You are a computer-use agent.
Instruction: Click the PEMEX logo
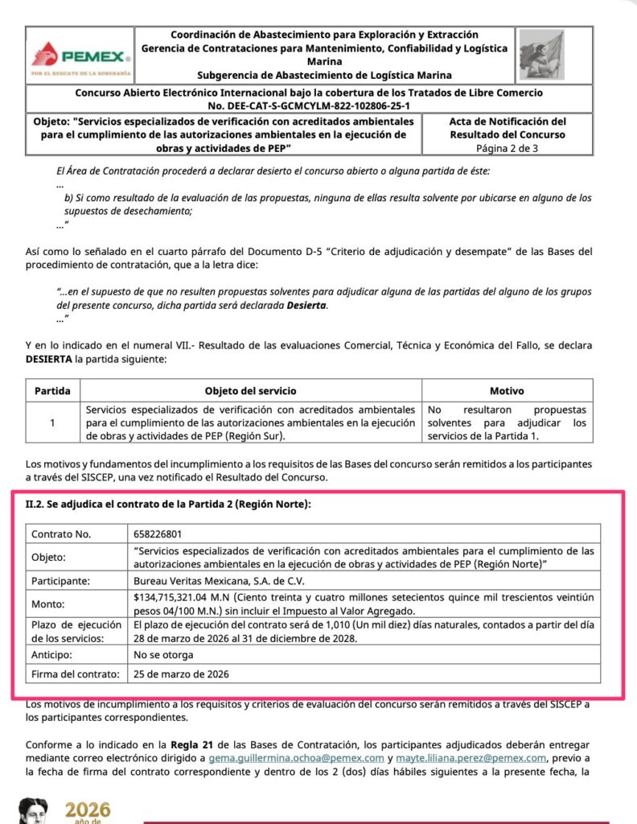tap(80, 57)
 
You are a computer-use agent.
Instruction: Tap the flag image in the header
tap(540, 56)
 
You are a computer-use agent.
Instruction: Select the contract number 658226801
tap(158, 534)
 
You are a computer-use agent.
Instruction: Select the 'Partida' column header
tap(51, 391)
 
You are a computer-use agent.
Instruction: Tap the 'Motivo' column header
tap(507, 391)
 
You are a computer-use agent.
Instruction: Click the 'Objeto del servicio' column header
tap(250, 391)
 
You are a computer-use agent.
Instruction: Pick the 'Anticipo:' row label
tap(54, 655)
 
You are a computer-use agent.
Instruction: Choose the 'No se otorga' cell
tap(164, 655)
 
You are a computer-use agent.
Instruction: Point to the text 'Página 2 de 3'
tap(507, 148)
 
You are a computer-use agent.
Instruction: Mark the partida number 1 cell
tap(51, 422)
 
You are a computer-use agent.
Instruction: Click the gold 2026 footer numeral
tap(88, 809)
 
